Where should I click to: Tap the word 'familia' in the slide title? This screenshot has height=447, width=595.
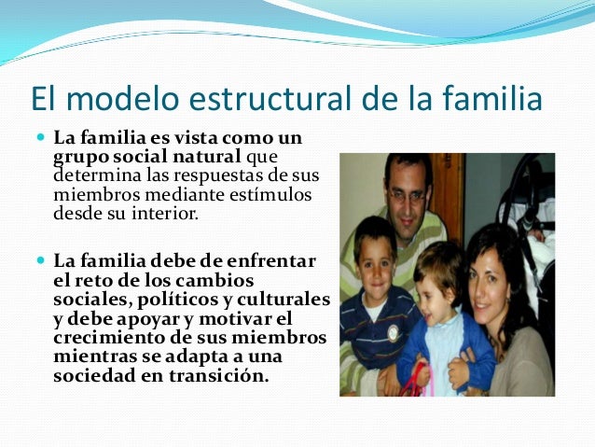coord(491,98)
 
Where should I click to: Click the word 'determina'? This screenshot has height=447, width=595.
coord(93,175)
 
